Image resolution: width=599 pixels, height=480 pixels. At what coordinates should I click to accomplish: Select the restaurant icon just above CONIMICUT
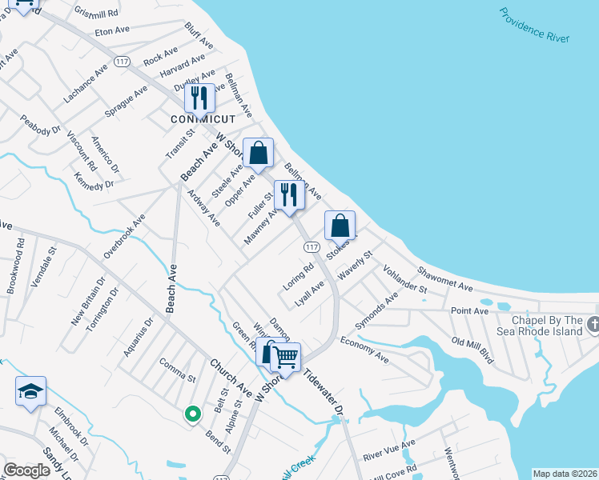tap(199, 98)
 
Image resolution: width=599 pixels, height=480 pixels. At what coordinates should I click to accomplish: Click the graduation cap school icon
tap(30, 390)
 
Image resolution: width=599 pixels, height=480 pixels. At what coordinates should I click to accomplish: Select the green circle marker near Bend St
tap(191, 414)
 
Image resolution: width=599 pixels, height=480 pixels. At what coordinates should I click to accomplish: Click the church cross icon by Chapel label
tap(593, 324)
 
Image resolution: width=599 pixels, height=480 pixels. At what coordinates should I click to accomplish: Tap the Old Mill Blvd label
tap(472, 350)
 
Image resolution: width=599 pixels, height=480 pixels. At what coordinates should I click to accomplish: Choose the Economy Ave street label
tap(364, 350)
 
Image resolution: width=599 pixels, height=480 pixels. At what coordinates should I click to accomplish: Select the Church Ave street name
tap(231, 378)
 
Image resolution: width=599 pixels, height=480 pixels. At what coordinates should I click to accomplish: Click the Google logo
tap(27, 470)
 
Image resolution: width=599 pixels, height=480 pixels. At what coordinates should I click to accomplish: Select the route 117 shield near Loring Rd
tap(312, 248)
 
